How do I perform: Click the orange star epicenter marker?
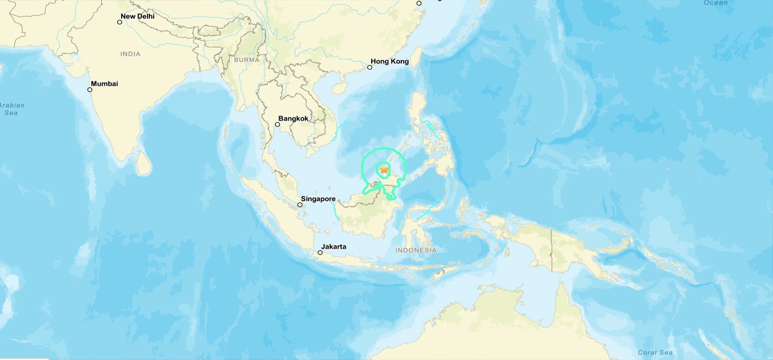click(384, 169)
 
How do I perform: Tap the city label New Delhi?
click(137, 16)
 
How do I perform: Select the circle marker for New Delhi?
click(120, 22)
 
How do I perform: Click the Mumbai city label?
click(104, 83)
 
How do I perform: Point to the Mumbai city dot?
click(90, 90)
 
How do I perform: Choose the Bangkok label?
click(293, 118)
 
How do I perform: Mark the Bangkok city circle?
click(278, 124)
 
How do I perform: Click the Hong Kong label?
click(390, 62)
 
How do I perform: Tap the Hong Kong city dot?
click(370, 67)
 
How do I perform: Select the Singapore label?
click(318, 199)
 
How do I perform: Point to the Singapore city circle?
click(300, 204)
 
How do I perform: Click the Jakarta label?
click(333, 246)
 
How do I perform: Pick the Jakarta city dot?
click(320, 253)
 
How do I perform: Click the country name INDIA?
click(130, 54)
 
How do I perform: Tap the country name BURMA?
click(247, 60)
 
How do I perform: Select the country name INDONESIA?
click(416, 250)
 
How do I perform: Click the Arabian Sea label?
click(12, 109)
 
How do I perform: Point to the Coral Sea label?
click(655, 353)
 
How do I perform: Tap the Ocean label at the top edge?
click(716, 2)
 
